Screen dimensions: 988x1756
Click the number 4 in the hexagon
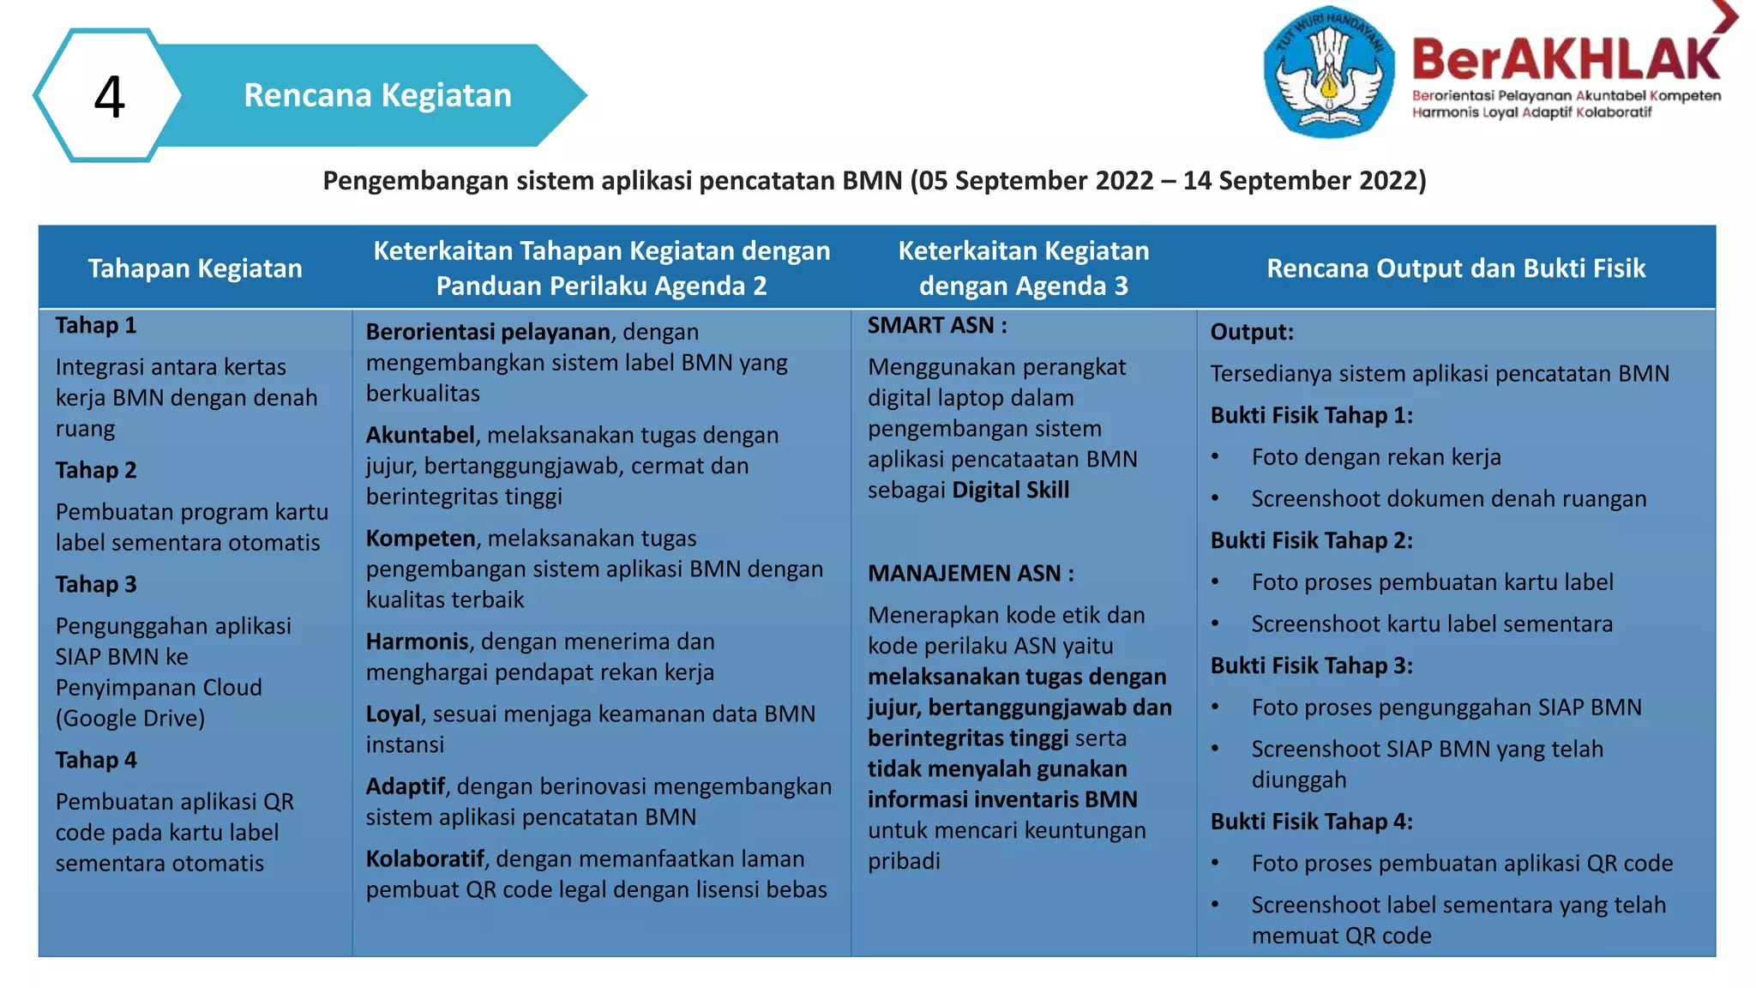point(109,96)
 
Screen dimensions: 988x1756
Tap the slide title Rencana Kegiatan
point(377,95)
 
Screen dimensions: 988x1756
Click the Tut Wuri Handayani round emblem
point(1328,72)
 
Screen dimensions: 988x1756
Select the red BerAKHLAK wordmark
point(1566,60)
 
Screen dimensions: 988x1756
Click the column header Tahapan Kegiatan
point(195,268)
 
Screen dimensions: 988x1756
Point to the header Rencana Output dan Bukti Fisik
point(1456,268)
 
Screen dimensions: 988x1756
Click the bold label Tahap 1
point(96,326)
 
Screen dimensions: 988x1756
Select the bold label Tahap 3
point(96,585)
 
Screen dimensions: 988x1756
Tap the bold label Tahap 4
point(96,761)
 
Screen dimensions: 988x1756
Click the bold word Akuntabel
point(420,436)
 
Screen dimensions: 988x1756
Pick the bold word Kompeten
point(420,539)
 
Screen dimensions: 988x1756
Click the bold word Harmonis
point(418,642)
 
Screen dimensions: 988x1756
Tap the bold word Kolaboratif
point(424,859)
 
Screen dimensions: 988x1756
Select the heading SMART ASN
point(936,326)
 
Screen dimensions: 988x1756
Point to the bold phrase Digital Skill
point(1011,491)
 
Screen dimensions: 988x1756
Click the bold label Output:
point(1252,332)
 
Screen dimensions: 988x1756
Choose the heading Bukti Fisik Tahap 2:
point(1311,540)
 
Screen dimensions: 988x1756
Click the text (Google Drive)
point(130,719)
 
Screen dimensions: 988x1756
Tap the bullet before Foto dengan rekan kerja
point(1215,457)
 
